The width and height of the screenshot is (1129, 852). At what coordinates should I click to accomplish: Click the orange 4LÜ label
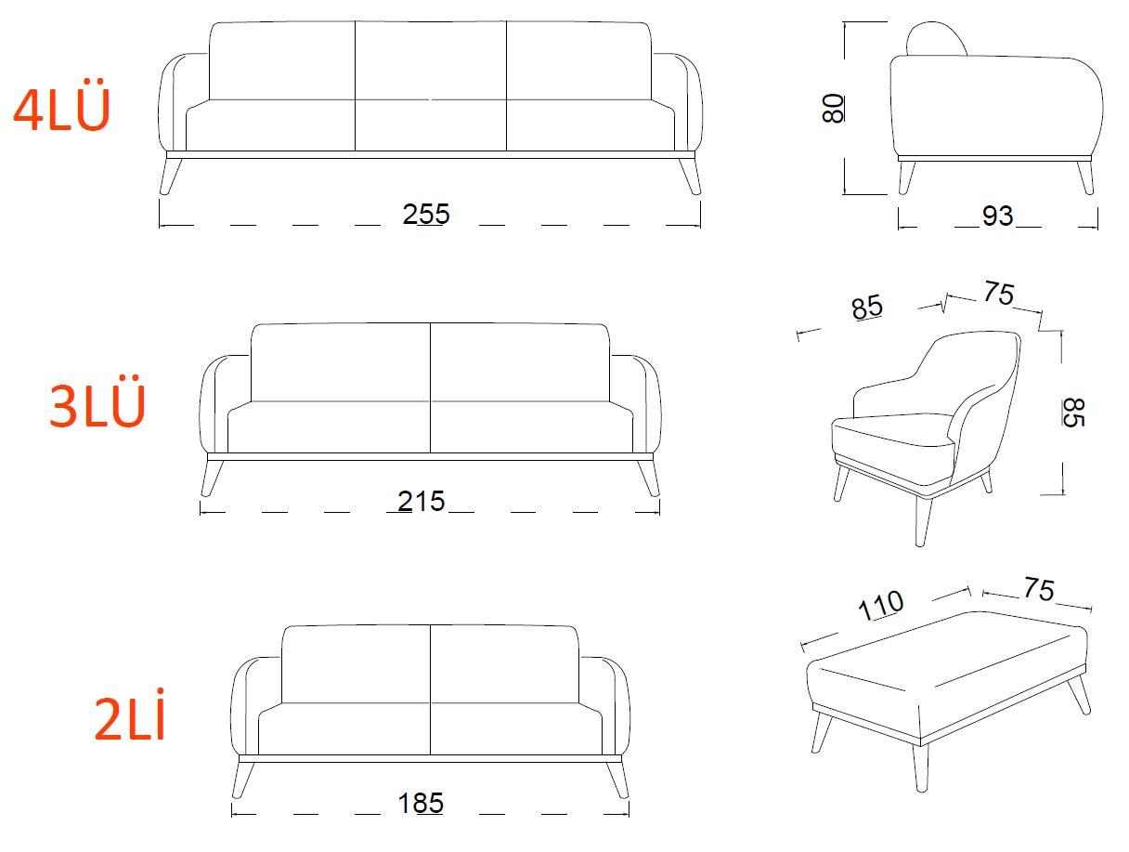coord(61,104)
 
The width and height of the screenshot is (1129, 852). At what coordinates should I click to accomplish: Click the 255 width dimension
coord(426,214)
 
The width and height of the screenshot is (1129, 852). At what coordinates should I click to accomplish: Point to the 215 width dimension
coord(422,501)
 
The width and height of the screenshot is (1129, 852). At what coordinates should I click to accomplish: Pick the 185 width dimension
coord(421,803)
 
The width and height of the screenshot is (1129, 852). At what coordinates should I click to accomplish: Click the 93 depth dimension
coord(998,216)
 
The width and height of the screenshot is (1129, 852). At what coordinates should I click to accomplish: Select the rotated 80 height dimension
coord(833,108)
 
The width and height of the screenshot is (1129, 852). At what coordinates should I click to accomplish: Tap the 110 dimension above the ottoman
coord(880,606)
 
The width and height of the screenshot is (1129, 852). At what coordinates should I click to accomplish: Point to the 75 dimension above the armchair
coord(999,294)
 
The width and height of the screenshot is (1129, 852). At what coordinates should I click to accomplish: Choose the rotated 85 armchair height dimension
coord(1073,413)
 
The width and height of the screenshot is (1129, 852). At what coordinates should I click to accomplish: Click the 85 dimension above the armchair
coord(867,308)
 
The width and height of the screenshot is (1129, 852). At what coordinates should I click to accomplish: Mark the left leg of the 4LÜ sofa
coord(170,176)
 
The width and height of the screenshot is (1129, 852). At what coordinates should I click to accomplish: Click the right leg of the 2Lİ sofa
coord(617,780)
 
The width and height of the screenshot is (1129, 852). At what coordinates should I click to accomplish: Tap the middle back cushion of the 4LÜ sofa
coord(431,60)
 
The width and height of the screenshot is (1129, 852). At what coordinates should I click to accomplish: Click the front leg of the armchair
coord(923,520)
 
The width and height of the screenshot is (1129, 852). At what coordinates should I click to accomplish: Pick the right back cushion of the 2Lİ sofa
coord(504,664)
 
